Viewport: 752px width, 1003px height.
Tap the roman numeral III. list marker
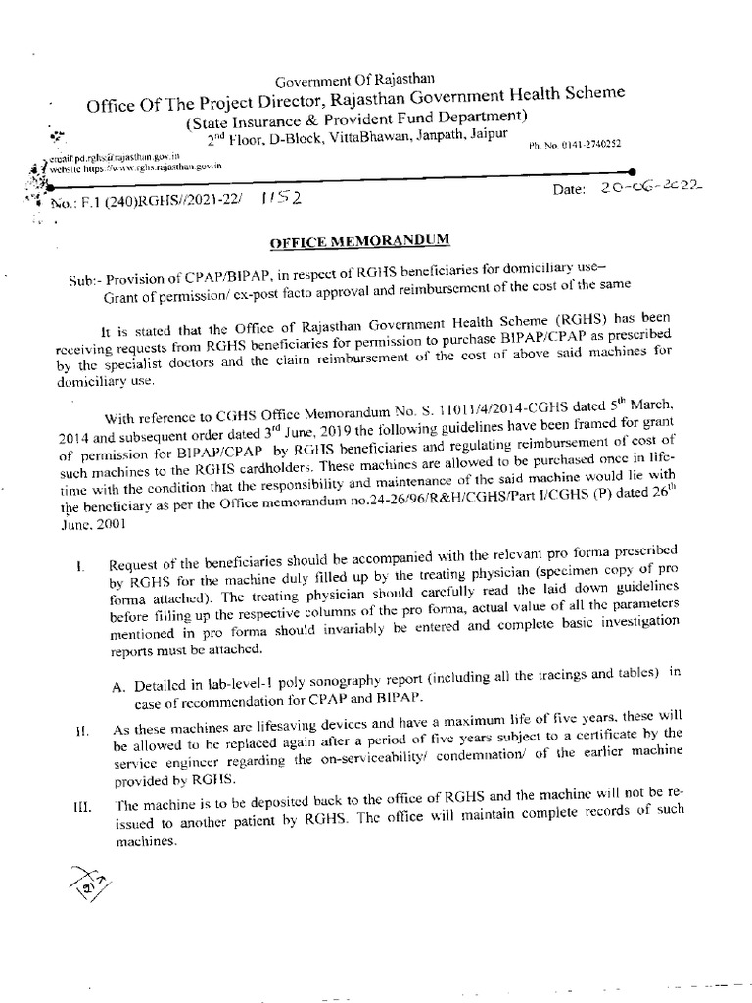coord(81,806)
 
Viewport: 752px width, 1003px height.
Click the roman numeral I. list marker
coord(82,565)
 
